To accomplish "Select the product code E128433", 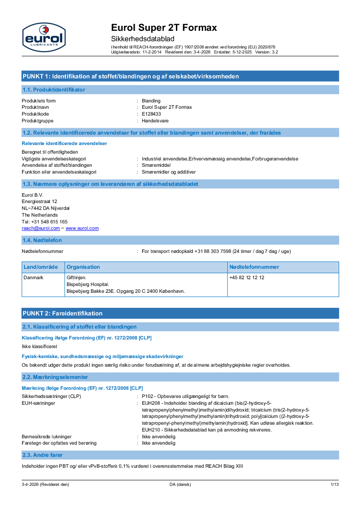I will [x=151, y=114].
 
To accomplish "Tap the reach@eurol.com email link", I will [x=38, y=228].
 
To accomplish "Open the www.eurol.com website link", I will [x=82, y=228].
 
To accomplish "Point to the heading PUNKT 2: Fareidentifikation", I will [x=63, y=313].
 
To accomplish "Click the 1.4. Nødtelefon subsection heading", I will [x=42, y=240].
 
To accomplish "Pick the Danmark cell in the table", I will [x=33, y=277].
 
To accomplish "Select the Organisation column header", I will [x=83, y=267].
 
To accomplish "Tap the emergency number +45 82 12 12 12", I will [x=247, y=277].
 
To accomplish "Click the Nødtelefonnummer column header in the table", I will [x=254, y=267].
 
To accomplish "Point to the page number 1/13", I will [x=335, y=485].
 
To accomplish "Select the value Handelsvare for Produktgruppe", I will [x=155, y=121].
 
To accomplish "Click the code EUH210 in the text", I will [x=151, y=430].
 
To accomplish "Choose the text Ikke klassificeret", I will [x=39, y=346].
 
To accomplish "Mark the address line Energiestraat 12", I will [x=39, y=201].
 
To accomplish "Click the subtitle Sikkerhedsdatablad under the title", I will [x=142, y=39].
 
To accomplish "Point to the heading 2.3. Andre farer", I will [x=43, y=455].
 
